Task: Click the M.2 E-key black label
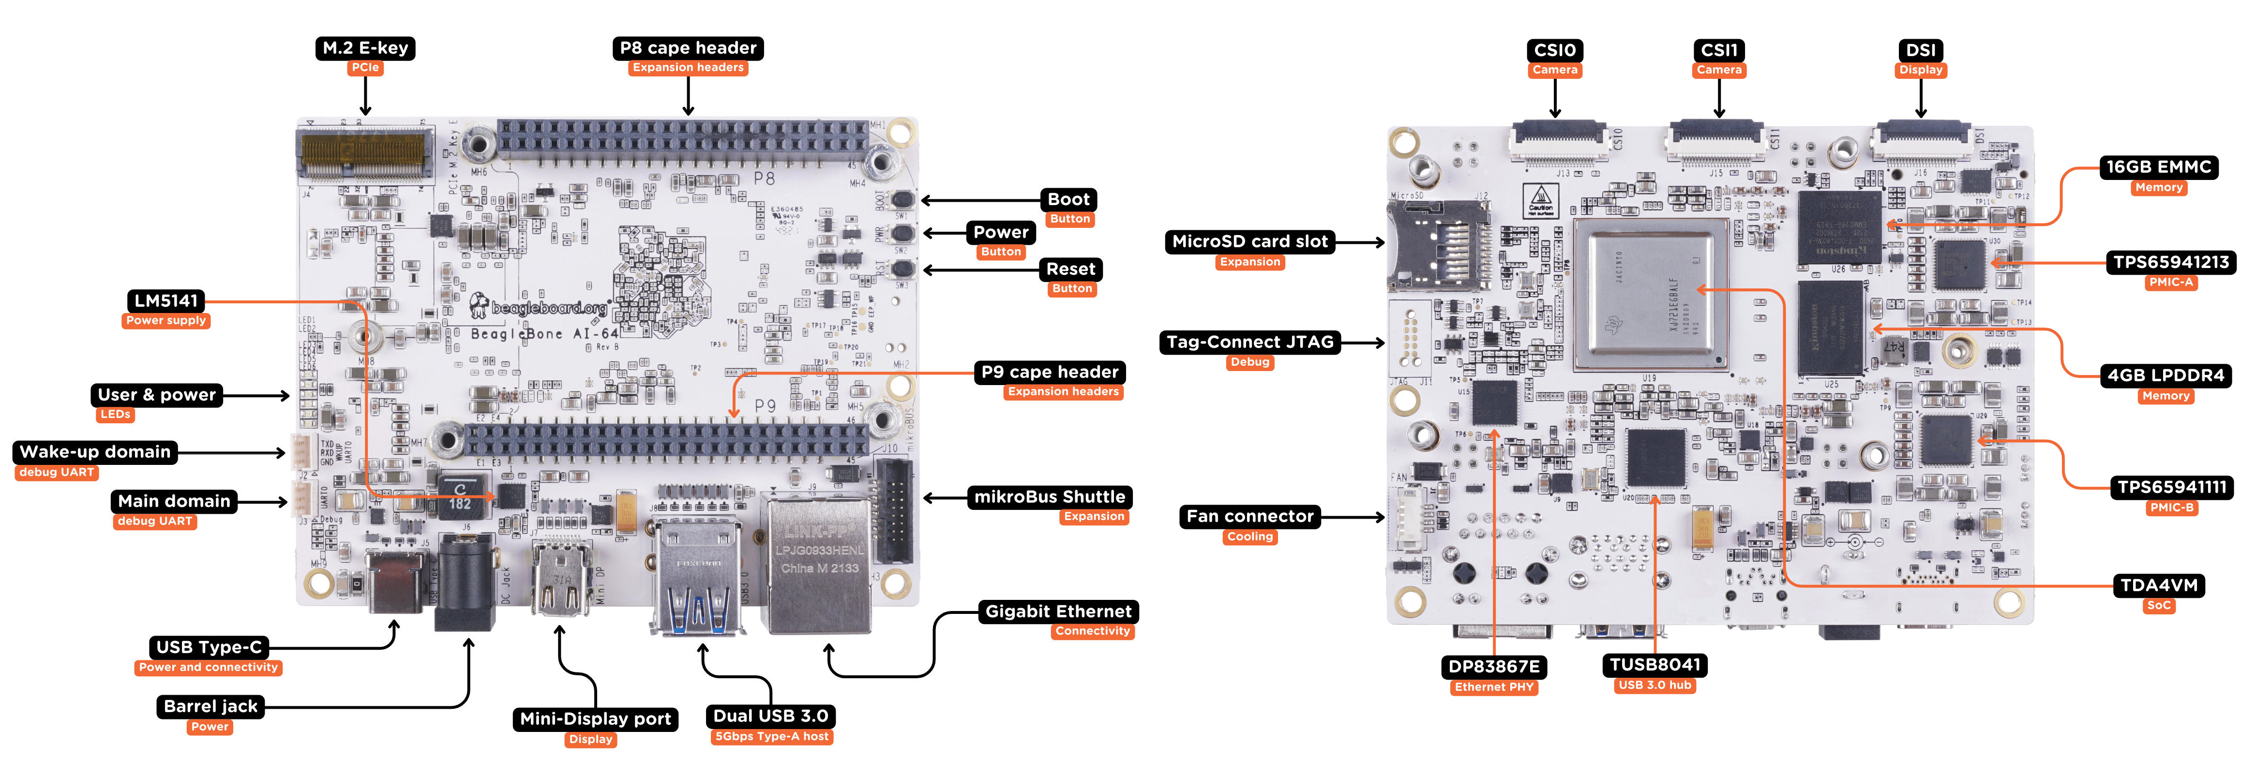[x=365, y=48]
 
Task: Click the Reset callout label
[x=1070, y=270]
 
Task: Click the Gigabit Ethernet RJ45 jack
[x=819, y=565]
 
